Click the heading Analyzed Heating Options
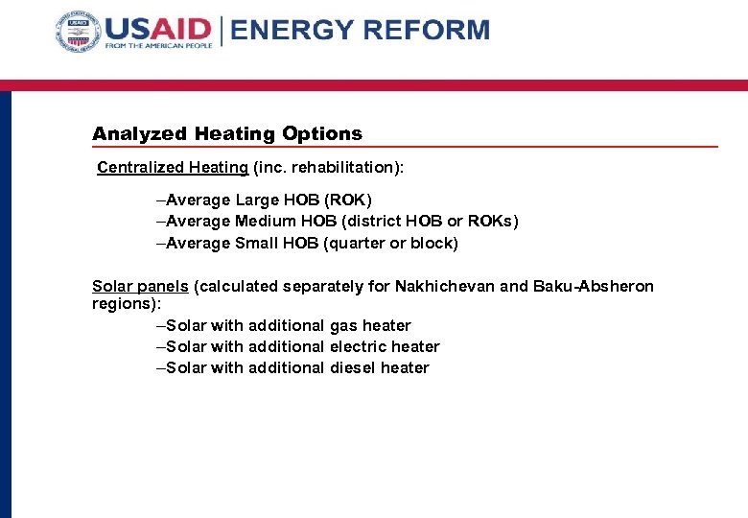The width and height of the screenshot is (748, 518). pos(227,134)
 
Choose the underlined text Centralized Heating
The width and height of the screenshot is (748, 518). pos(173,168)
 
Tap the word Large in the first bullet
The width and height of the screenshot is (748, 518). pos(257,200)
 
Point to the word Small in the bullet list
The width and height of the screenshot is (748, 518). pos(256,244)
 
